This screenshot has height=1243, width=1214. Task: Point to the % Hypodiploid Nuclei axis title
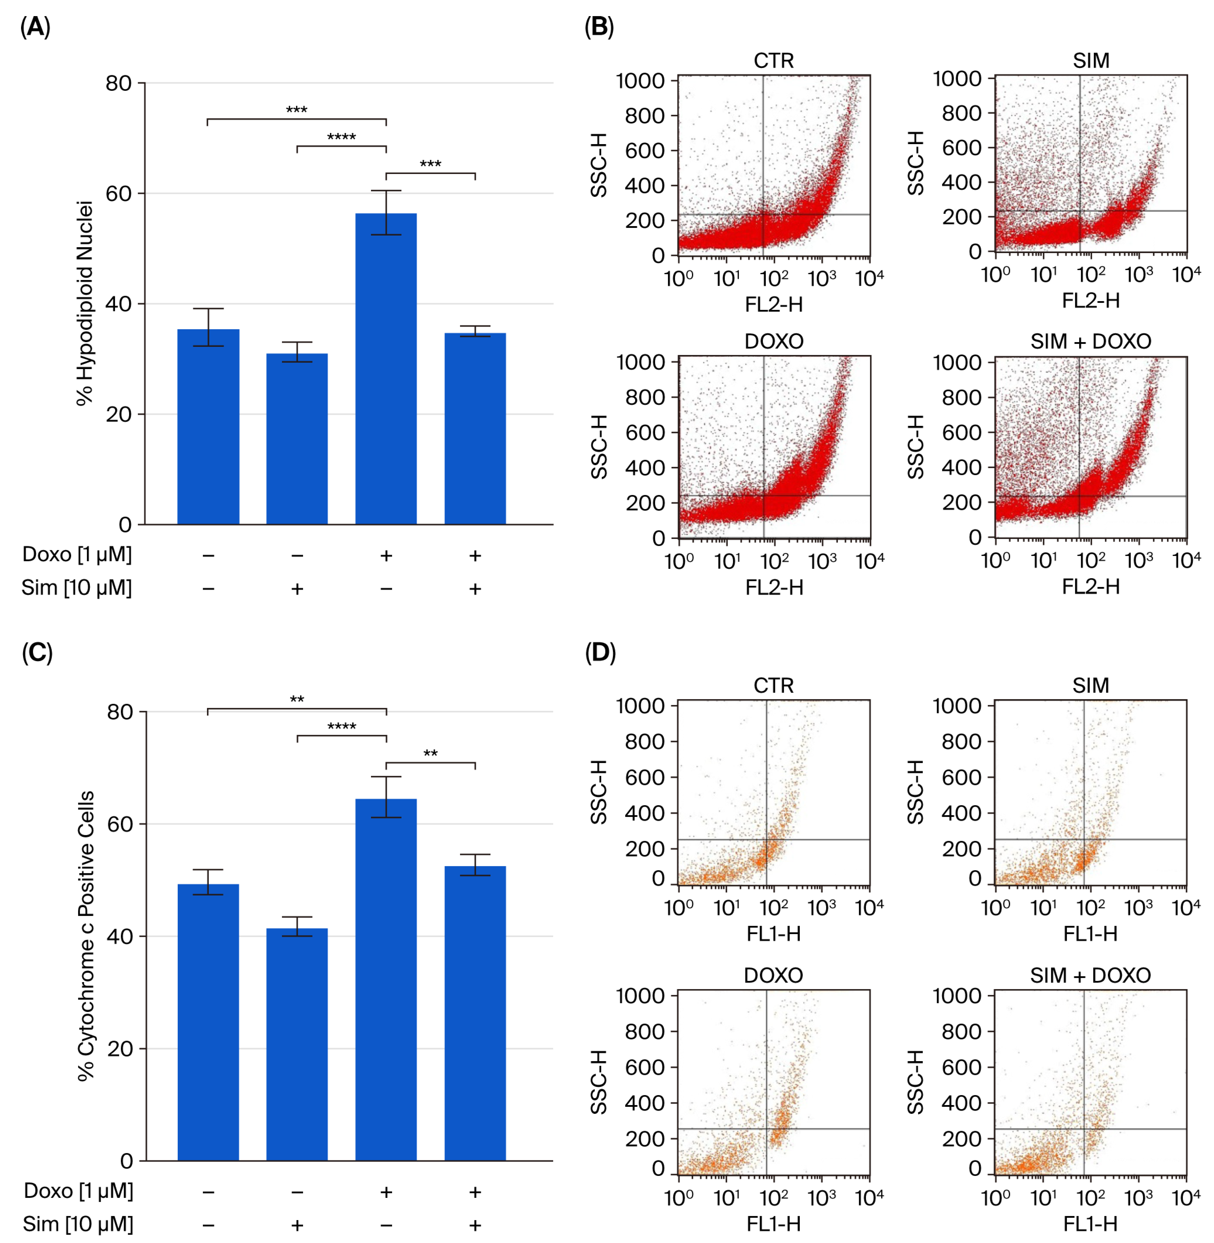click(85, 303)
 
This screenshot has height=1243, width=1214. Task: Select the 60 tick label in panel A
click(119, 193)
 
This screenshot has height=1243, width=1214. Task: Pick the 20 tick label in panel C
click(119, 1049)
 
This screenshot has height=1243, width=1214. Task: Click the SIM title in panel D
click(1090, 686)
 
